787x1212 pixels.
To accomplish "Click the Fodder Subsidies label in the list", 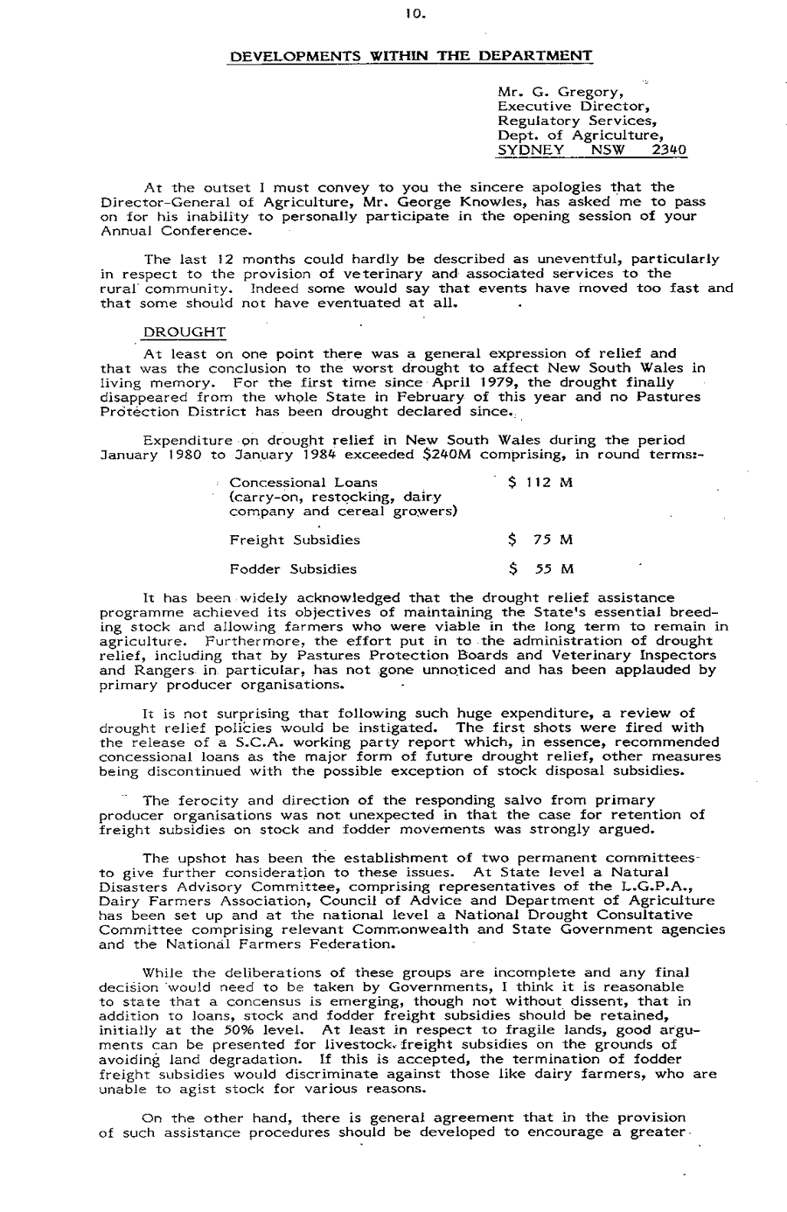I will pos(293,569).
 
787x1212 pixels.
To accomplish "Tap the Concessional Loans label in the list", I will pos(303,483).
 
